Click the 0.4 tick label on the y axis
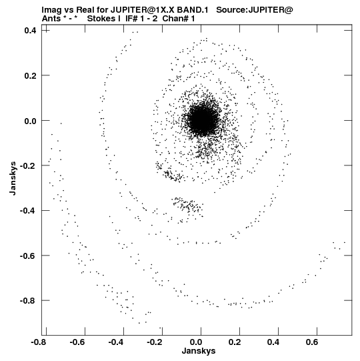[30, 30]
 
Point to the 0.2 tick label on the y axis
[30, 75]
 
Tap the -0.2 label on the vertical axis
[28, 165]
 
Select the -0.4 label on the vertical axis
[28, 211]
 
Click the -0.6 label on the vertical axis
[28, 256]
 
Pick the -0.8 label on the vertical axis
[28, 301]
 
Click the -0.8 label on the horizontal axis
[39, 342]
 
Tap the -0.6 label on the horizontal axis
[77, 342]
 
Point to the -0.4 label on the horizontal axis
[116, 342]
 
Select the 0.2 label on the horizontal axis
[235, 342]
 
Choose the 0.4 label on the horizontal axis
[273, 342]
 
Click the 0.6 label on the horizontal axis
[312, 342]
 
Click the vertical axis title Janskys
[13, 178]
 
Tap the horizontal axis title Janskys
[199, 351]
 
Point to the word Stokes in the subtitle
[104, 19]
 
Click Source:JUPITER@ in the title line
[255, 10]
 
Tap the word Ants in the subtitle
[51, 19]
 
